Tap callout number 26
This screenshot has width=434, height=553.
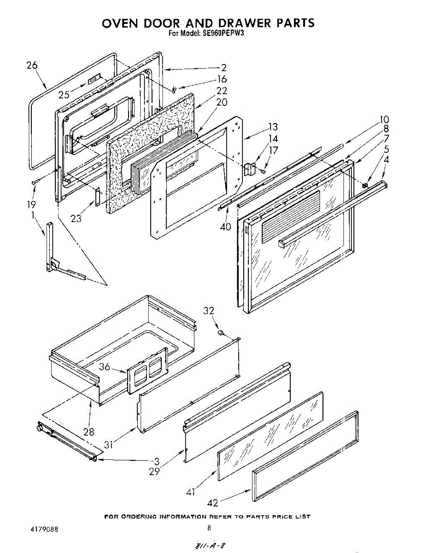click(x=32, y=65)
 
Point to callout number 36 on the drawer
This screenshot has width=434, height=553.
click(x=105, y=367)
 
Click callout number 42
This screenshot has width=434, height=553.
click(x=213, y=502)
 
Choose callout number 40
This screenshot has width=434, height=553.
click(x=225, y=226)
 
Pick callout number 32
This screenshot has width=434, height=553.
click(x=209, y=311)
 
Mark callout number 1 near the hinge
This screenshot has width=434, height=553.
click(x=33, y=215)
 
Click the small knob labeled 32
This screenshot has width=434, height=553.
click(x=221, y=332)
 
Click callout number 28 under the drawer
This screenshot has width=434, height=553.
click(x=88, y=432)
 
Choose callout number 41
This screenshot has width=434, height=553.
click(x=191, y=492)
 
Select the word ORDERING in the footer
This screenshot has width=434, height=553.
click(x=138, y=517)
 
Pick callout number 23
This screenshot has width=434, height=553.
click(x=76, y=219)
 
